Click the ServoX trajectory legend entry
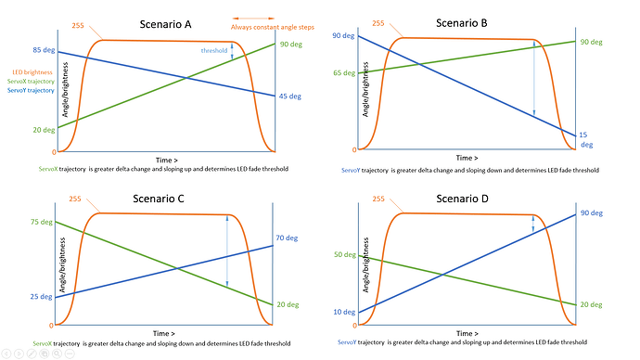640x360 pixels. pos(32,82)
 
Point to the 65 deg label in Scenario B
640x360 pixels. pos(343,71)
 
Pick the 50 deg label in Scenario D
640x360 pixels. pos(345,254)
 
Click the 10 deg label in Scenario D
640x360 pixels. pos(344,312)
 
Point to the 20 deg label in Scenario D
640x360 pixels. pos(593,304)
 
